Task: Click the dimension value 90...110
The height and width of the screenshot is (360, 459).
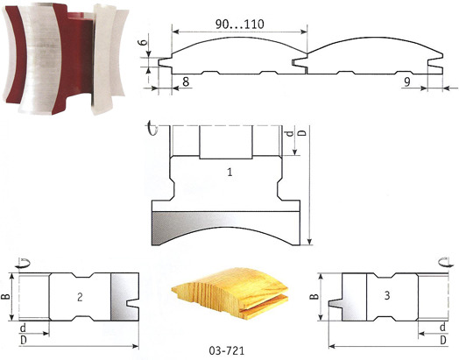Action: click(x=240, y=24)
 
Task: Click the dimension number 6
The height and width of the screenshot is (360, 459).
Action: click(x=141, y=42)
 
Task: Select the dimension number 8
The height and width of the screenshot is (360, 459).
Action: click(x=186, y=82)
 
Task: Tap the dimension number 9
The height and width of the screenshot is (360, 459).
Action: click(x=407, y=82)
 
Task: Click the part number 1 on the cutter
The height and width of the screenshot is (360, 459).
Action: click(x=230, y=172)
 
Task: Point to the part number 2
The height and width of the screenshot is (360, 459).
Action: click(x=80, y=297)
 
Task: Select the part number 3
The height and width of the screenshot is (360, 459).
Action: click(x=387, y=295)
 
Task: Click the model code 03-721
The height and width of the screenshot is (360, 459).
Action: click(x=227, y=350)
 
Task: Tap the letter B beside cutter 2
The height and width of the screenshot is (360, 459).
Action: click(x=6, y=296)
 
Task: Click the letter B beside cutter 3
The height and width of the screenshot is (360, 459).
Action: click(x=314, y=296)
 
